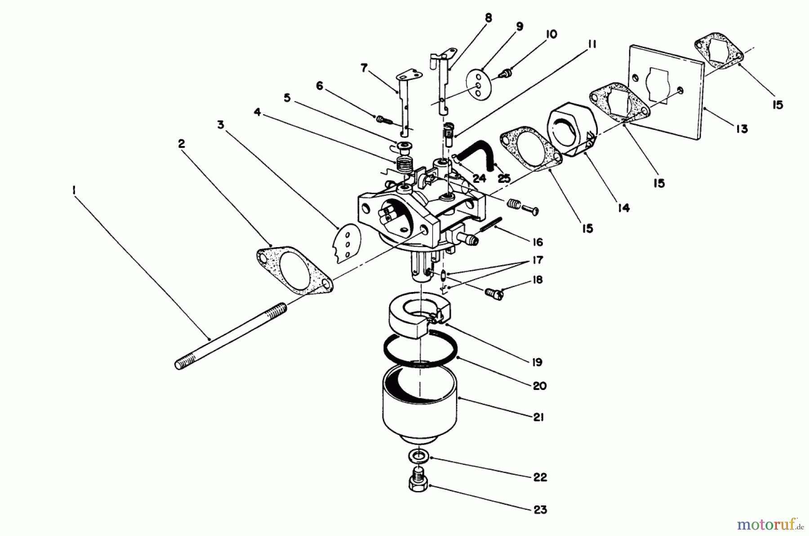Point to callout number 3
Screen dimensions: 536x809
pos(220,124)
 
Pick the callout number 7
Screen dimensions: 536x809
pos(364,68)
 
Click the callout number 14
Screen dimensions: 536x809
pos(623,208)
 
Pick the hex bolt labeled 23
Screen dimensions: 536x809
pos(417,483)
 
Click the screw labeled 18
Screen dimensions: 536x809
pos(494,293)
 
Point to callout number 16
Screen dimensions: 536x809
pos(537,242)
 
